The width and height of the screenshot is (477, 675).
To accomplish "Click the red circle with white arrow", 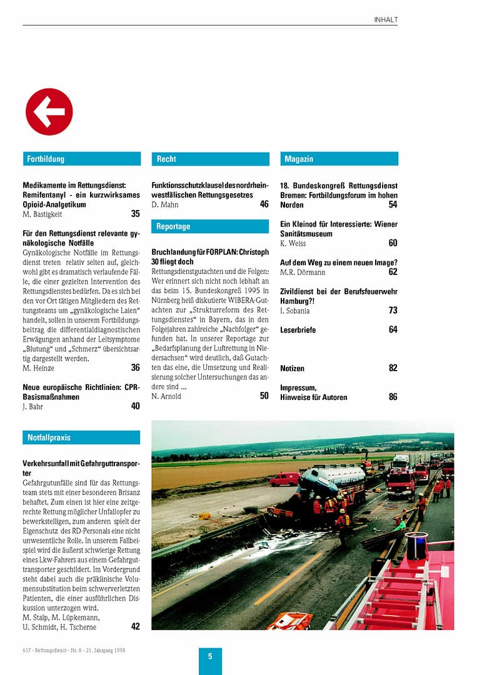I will (49, 112).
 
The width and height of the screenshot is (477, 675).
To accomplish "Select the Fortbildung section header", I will (81, 159).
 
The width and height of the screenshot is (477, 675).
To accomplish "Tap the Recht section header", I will (210, 159).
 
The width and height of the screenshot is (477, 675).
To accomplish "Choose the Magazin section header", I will (339, 159).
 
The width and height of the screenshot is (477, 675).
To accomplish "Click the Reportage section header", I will (210, 226).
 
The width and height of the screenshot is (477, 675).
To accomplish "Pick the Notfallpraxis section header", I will (81, 437).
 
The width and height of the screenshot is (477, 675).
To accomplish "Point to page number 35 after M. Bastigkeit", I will (135, 214).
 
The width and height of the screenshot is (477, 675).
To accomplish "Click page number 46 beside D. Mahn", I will (264, 204).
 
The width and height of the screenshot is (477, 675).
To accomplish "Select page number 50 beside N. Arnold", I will (264, 396).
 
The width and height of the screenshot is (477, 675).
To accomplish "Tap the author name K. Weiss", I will (293, 243).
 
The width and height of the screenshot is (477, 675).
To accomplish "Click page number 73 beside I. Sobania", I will (393, 310).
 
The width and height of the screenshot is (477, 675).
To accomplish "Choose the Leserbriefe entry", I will (298, 329).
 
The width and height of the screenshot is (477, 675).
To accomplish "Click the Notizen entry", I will (293, 368).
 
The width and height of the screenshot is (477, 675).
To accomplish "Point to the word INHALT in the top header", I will (386, 20).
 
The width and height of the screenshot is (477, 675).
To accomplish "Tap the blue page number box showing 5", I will (210, 657).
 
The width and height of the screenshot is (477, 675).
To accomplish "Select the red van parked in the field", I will (284, 479).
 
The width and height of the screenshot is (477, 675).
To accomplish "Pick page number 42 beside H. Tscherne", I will (135, 626).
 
